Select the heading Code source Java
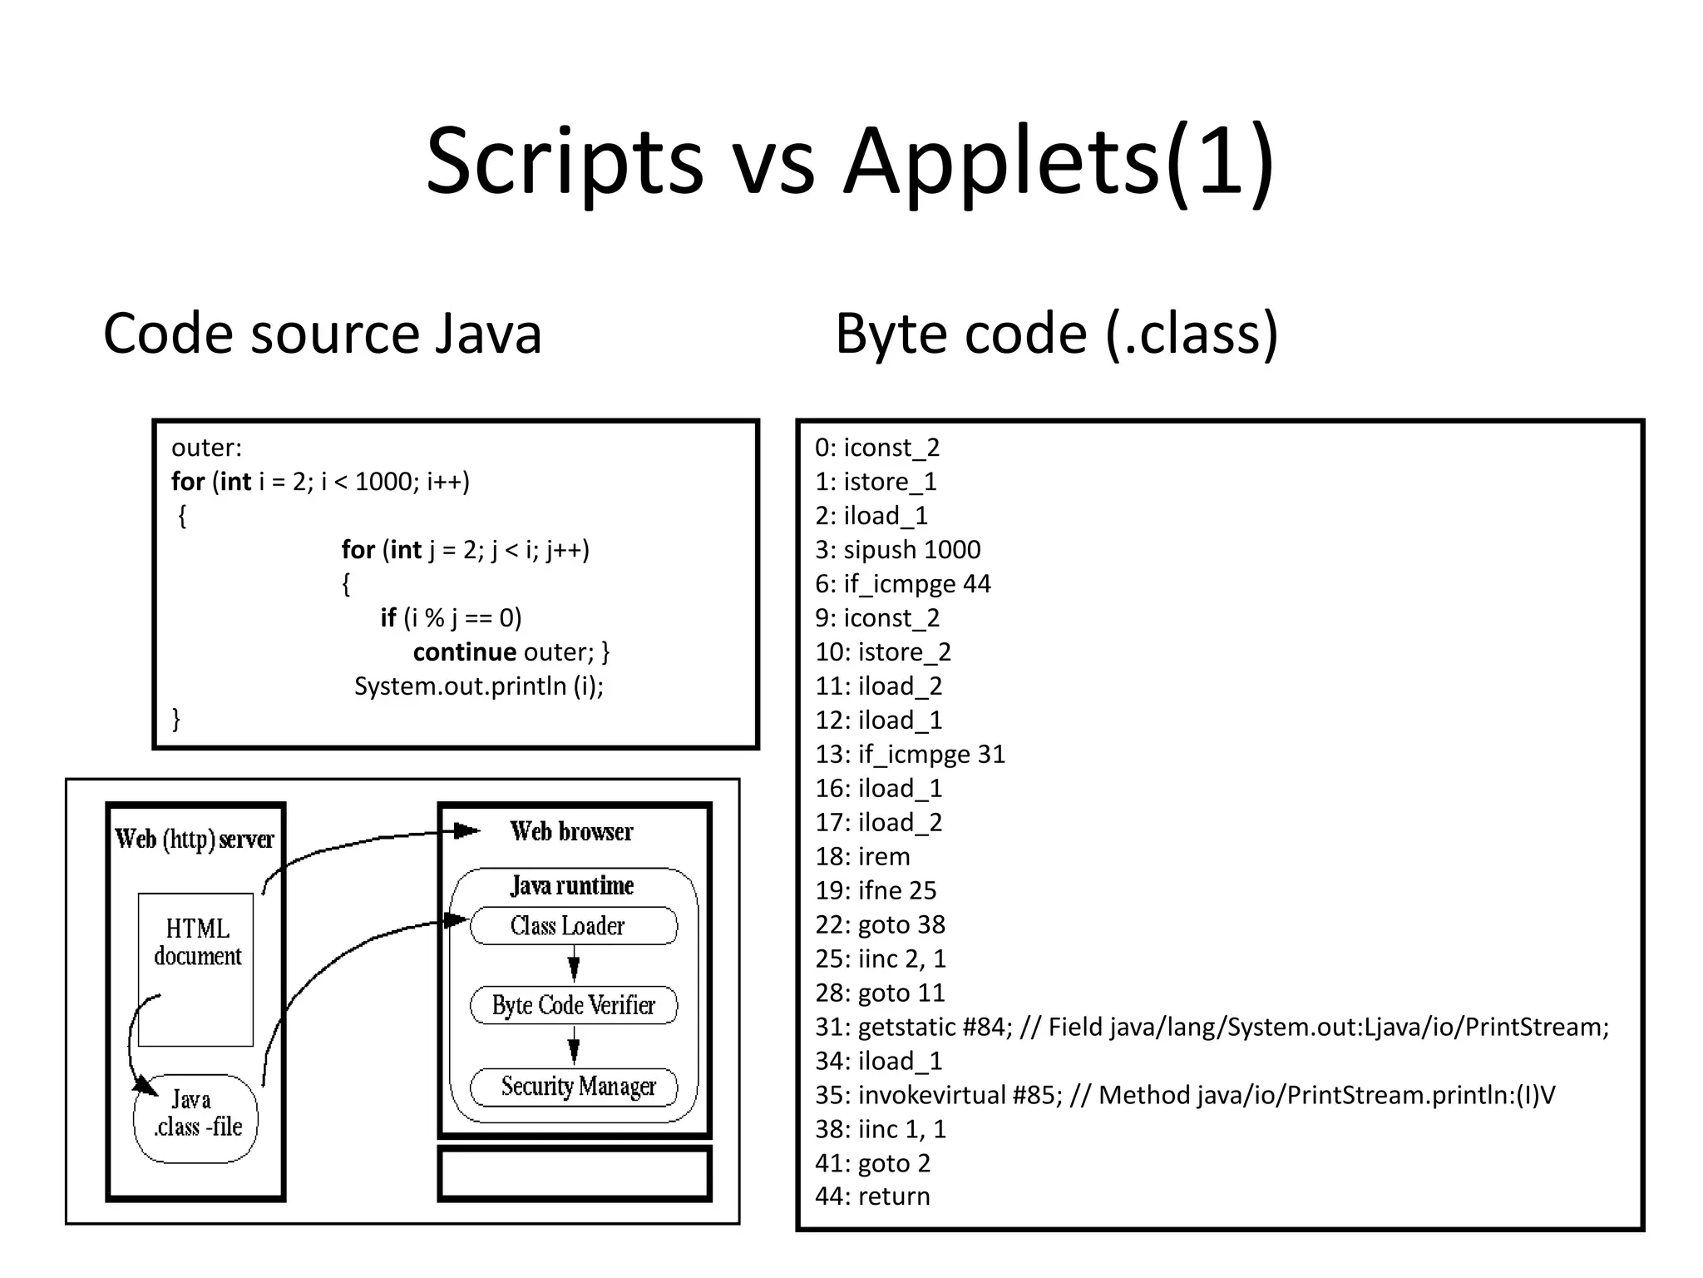pos(322,334)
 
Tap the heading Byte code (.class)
pos(1056,334)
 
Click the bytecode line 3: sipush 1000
pos(897,550)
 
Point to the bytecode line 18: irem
pos(862,857)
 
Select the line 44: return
pos(872,1196)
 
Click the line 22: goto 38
pos(880,925)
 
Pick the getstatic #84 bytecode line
pos(1212,1028)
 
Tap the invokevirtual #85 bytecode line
pos(1184,1096)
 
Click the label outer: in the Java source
pos(206,448)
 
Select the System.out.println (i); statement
pos(479,686)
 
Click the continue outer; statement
pos(511,652)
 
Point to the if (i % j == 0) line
pos(451,618)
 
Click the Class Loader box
pos(573,926)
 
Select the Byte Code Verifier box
pos(573,1005)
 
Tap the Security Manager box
pos(573,1087)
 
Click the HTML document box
pos(196,968)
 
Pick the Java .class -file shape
pos(196,1117)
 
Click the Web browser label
pos(571,831)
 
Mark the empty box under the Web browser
pos(574,1173)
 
